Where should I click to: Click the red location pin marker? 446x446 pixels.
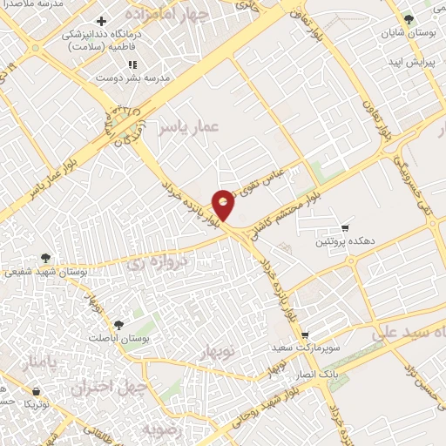tap(225, 204)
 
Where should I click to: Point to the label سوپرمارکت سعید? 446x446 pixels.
tap(305, 347)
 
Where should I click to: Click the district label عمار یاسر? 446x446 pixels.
tap(186, 128)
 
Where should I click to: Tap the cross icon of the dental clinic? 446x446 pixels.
tap(102, 21)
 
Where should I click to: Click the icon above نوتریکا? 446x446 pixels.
tap(36, 392)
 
